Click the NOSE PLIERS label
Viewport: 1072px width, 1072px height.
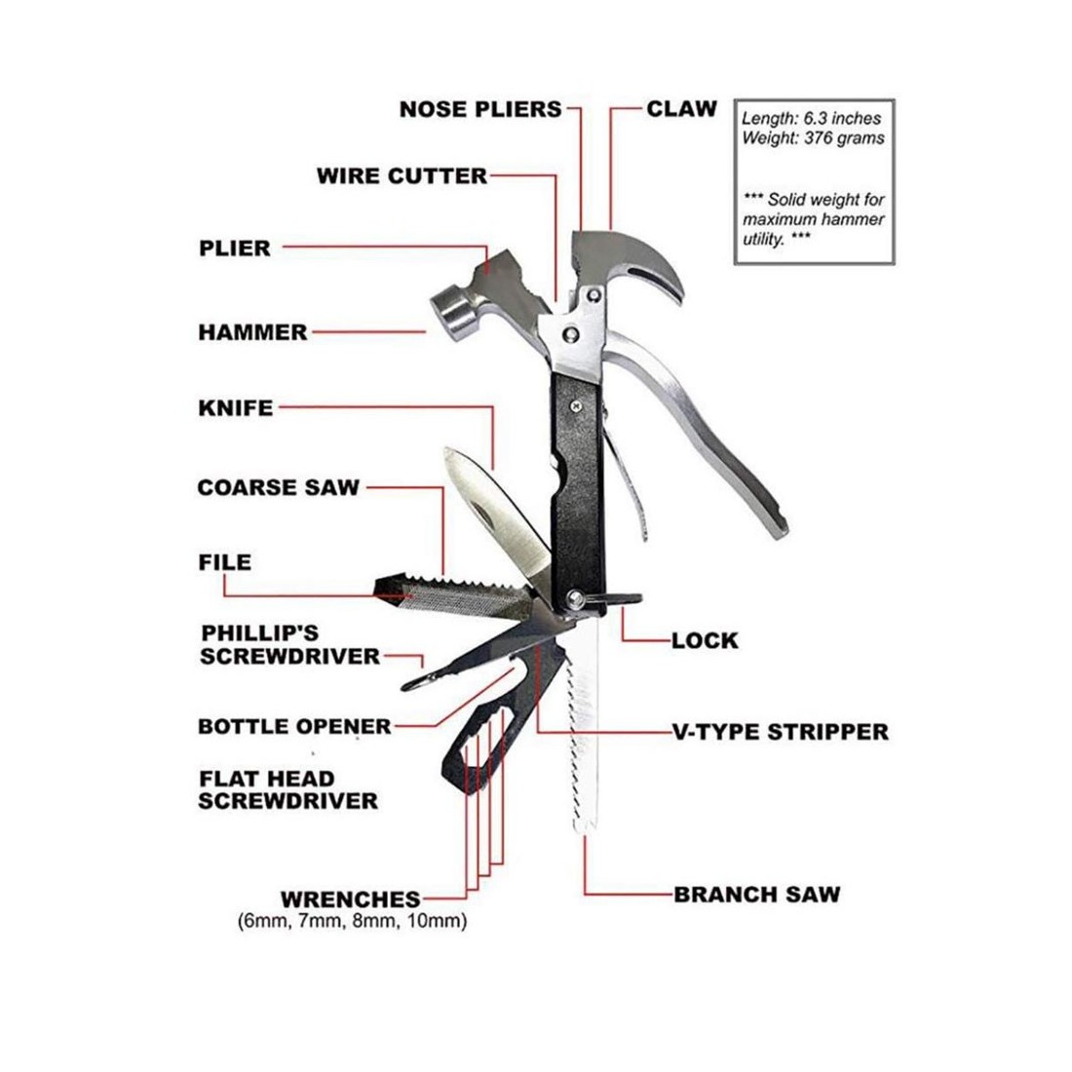(479, 109)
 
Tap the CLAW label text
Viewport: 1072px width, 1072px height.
(681, 109)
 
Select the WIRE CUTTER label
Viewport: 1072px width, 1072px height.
(402, 175)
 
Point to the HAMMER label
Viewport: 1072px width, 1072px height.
(253, 332)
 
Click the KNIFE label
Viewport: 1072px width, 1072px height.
(236, 408)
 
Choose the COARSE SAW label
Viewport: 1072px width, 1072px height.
(279, 487)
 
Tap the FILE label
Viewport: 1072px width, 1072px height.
(225, 562)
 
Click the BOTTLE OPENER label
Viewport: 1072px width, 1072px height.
(294, 726)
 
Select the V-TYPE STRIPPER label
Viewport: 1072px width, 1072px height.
(781, 732)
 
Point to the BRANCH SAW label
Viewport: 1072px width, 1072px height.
(757, 895)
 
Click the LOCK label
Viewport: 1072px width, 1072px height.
(705, 640)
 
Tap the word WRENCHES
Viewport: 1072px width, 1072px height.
(351, 900)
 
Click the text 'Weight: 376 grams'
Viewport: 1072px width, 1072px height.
(813, 138)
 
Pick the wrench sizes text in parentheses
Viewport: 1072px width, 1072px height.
(353, 921)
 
